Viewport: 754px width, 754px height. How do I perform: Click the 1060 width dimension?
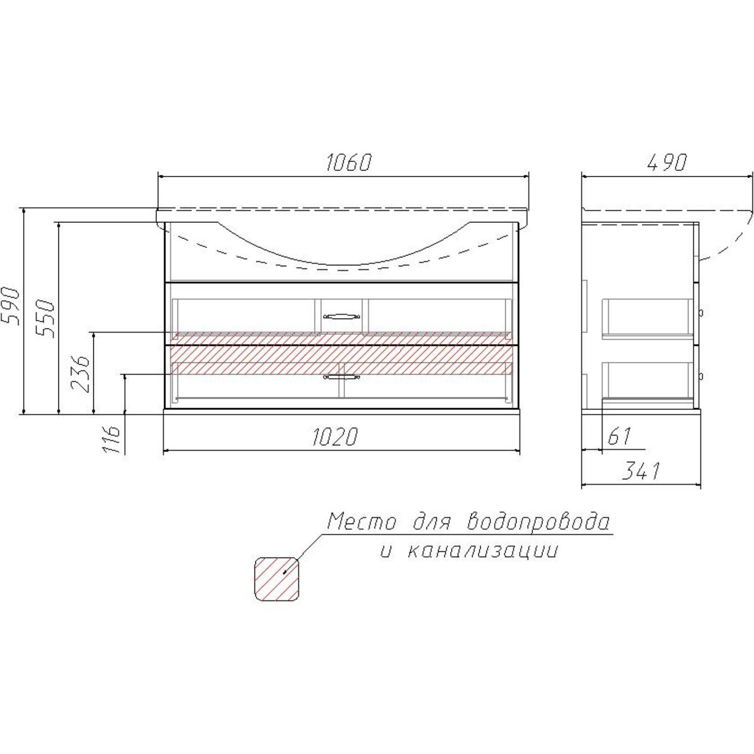349,162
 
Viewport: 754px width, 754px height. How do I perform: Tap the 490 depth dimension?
667,162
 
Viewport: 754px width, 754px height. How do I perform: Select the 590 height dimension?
10,306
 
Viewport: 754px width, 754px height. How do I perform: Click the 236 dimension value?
80,374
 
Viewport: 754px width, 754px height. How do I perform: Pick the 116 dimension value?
112,439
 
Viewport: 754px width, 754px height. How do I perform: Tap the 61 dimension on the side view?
619,436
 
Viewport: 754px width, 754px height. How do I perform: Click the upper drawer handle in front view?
342,316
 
